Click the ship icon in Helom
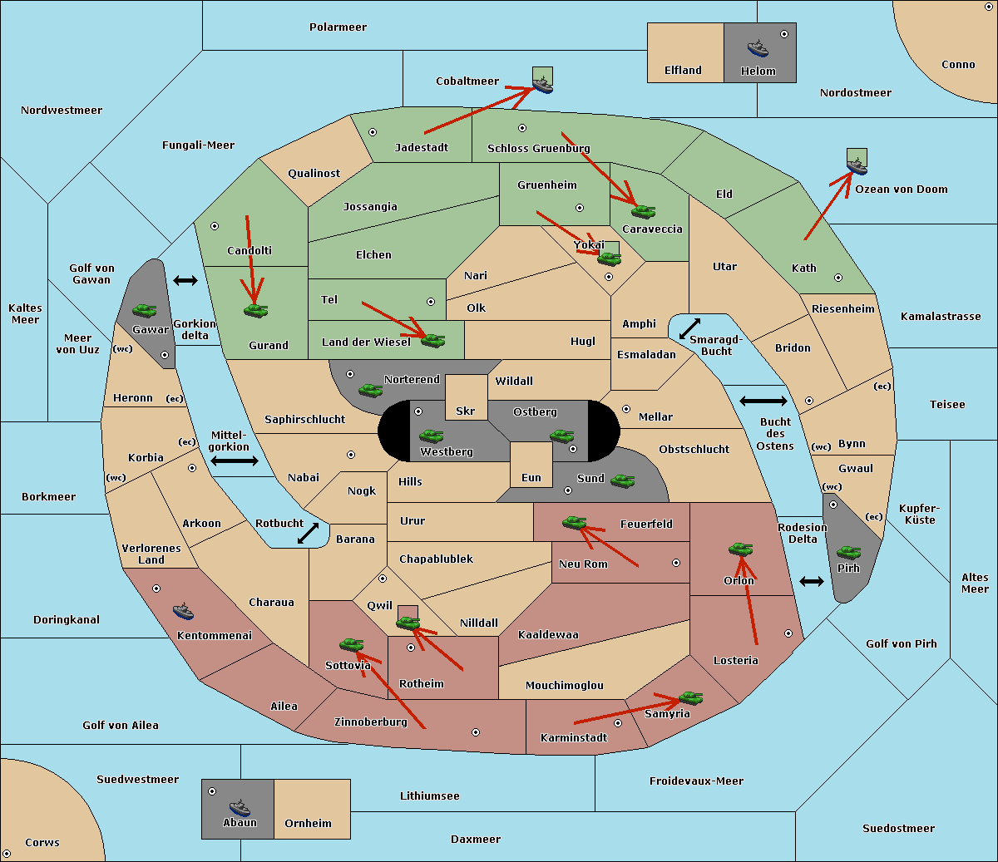coord(758,48)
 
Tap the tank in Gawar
coord(145,310)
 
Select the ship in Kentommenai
coord(183,611)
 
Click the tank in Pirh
coord(848,552)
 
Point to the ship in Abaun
coord(240,807)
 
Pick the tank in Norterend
coord(370,390)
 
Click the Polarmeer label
coord(338,27)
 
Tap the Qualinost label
coord(314,173)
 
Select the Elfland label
coord(683,71)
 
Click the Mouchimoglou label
coord(565,685)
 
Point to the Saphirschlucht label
coord(304,420)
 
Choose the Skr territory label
coord(465,411)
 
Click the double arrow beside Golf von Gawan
coord(185,280)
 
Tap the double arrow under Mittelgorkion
coord(235,461)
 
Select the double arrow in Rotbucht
coord(308,534)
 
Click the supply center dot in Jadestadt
coord(373,132)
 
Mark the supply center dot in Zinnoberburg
coord(476,732)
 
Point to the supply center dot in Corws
coord(7,854)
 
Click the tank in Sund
coord(622,480)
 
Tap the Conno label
coord(958,65)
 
